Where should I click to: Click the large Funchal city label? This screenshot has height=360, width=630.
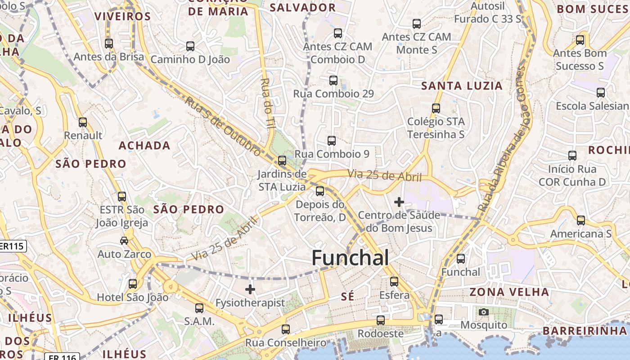pyautogui.click(x=350, y=258)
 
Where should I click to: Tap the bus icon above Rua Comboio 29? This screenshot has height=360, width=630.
pyautogui.click(x=333, y=81)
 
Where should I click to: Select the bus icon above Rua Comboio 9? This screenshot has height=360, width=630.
pyautogui.click(x=332, y=141)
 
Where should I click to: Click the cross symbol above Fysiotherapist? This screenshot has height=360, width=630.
pyautogui.click(x=250, y=289)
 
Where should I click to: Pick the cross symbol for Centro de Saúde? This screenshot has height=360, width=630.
pyautogui.click(x=399, y=202)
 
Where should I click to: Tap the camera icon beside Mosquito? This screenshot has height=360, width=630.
pyautogui.click(x=484, y=312)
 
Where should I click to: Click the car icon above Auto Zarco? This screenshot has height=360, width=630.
pyautogui.click(x=124, y=241)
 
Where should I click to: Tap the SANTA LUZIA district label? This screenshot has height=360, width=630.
pyautogui.click(x=462, y=86)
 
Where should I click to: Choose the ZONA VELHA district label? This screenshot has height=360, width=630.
pyautogui.click(x=509, y=292)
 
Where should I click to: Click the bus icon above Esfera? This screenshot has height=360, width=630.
pyautogui.click(x=394, y=282)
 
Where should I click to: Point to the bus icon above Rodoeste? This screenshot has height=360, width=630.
pyautogui.click(x=381, y=320)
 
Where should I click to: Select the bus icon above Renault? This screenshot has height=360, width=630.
pyautogui.click(x=83, y=122)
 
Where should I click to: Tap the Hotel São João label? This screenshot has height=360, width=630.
pyautogui.click(x=133, y=297)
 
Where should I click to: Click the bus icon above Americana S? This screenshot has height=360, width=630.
pyautogui.click(x=581, y=220)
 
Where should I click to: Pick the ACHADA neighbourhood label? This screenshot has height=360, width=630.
pyautogui.click(x=144, y=146)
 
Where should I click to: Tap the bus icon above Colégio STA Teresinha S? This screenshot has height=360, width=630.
pyautogui.click(x=436, y=108)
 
